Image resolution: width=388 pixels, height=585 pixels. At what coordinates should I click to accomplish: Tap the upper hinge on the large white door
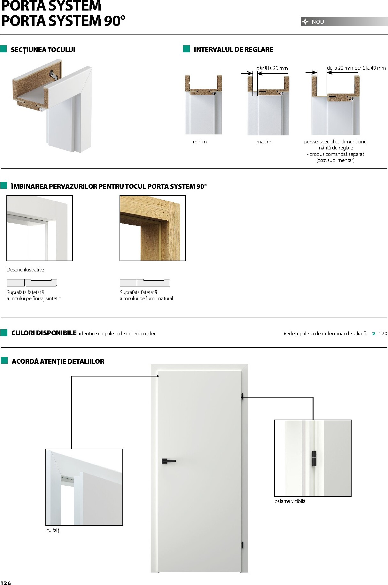click(x=243, y=397)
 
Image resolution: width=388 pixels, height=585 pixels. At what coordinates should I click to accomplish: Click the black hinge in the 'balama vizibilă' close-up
click(x=314, y=459)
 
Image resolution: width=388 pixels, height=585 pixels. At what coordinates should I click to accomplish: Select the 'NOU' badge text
click(x=318, y=22)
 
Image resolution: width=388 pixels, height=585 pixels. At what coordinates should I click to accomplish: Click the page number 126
click(x=6, y=583)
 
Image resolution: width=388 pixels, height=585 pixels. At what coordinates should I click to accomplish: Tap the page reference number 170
click(x=383, y=333)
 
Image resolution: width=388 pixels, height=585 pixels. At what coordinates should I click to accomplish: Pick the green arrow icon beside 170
click(x=373, y=334)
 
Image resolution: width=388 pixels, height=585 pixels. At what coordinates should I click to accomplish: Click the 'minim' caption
click(x=200, y=142)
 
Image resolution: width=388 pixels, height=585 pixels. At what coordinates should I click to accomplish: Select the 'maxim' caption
click(x=264, y=142)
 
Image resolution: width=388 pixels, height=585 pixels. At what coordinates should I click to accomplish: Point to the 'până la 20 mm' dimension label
click(x=272, y=68)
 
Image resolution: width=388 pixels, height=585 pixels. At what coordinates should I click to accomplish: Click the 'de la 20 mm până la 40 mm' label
click(x=356, y=68)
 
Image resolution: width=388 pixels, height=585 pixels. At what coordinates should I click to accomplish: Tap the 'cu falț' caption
click(x=53, y=530)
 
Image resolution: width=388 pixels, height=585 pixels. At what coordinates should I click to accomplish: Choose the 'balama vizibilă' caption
click(x=290, y=501)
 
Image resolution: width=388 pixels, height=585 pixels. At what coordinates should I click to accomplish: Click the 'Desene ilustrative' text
click(x=25, y=270)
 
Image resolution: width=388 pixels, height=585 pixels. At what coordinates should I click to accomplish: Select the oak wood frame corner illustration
click(x=152, y=228)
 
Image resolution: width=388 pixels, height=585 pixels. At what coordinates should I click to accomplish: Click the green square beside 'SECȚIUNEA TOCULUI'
click(x=4, y=49)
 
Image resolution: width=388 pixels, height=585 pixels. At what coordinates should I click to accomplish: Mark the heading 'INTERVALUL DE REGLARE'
click(x=233, y=49)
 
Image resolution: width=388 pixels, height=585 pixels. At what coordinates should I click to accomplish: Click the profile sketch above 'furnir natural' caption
click(x=145, y=283)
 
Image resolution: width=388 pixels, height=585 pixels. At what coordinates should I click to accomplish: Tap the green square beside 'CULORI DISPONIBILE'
click(x=4, y=333)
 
